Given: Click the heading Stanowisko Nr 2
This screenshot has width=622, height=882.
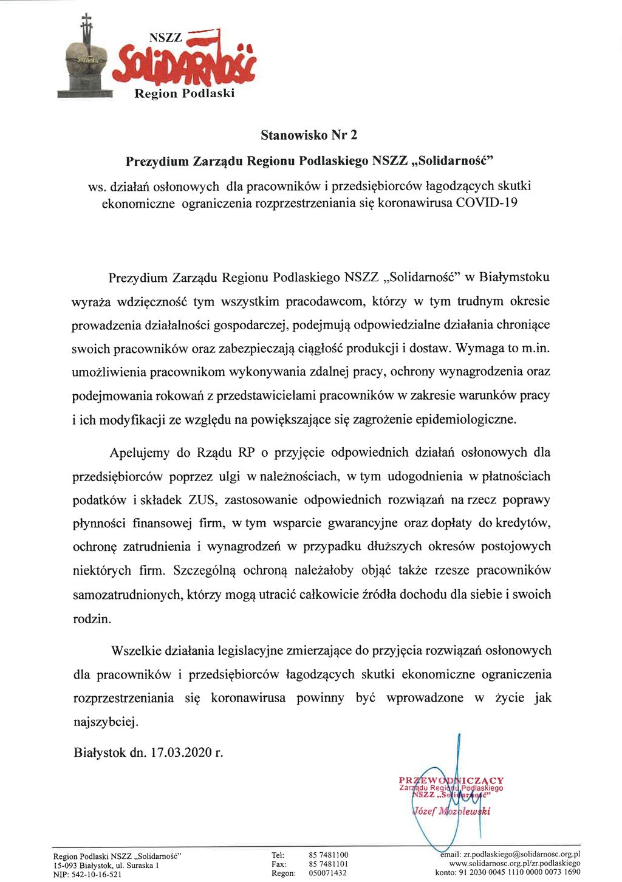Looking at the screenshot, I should click(x=313, y=135).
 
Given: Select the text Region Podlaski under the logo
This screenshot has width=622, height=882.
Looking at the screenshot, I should click(x=184, y=94).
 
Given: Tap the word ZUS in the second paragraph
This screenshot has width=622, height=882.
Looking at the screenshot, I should click(x=202, y=500).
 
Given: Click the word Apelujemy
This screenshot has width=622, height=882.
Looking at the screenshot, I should click(x=140, y=453).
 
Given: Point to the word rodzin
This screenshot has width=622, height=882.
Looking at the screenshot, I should click(x=92, y=619).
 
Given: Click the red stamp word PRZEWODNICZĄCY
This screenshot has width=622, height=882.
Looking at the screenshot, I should click(x=451, y=781).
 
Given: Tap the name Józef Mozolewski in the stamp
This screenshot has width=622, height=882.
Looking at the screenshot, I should click(x=451, y=812).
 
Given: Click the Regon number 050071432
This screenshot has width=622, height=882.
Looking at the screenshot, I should click(x=328, y=873).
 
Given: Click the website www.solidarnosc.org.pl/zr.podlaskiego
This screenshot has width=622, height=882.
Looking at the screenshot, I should click(x=514, y=863).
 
